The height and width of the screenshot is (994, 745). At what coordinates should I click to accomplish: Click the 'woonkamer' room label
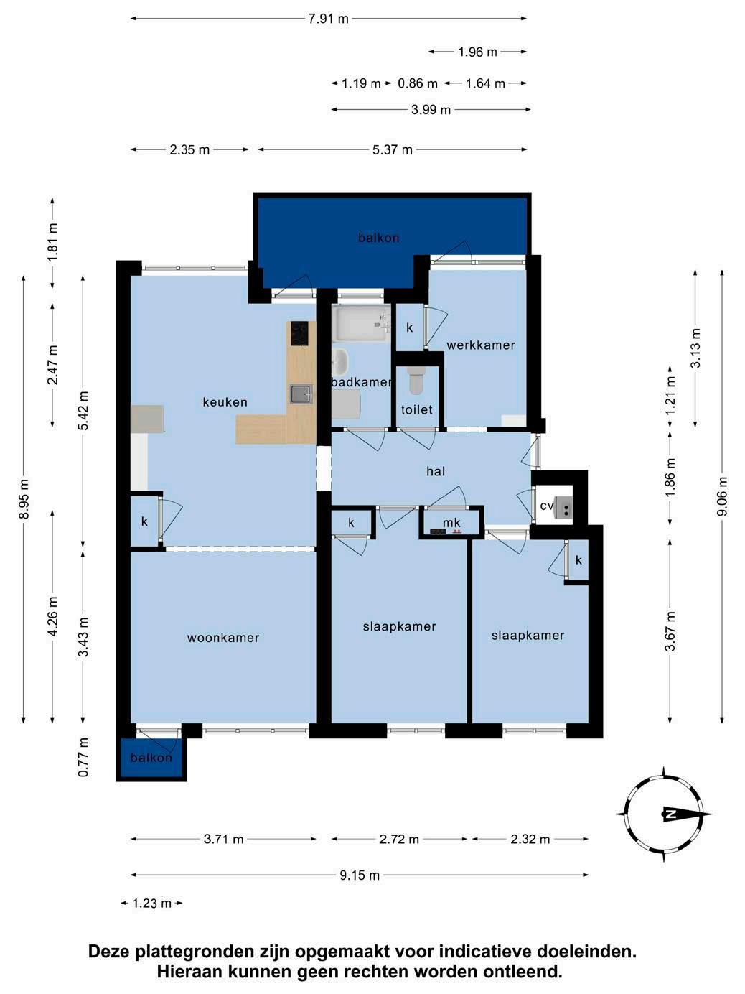pos(223,638)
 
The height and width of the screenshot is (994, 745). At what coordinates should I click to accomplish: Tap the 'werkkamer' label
pos(481,345)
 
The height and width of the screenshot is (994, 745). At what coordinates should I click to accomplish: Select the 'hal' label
pos(436,471)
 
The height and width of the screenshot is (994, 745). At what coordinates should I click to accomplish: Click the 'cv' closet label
pos(547,506)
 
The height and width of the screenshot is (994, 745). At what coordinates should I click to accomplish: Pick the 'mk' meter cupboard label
pos(451,523)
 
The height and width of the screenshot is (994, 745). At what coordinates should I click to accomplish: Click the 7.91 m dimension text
pos(329,19)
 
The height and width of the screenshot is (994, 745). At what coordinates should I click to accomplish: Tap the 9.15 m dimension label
pos(360,875)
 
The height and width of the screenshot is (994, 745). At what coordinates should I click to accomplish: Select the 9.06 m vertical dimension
pos(723,496)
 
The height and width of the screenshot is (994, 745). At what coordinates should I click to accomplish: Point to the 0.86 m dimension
pos(418,84)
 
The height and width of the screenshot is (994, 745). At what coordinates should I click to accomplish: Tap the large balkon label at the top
pos(379,238)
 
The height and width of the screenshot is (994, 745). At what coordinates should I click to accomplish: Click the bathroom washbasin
pos(339,362)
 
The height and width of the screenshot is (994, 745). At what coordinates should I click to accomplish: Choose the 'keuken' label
pos(225,402)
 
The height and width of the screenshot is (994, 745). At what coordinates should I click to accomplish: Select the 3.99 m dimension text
pos(431,110)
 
